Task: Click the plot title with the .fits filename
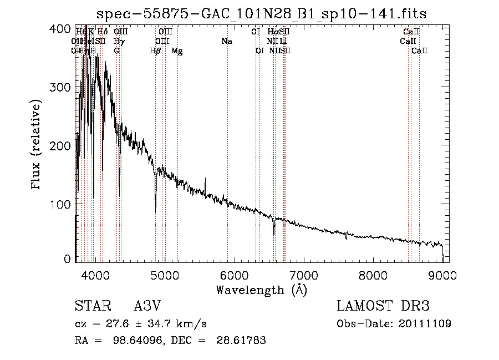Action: [261, 14]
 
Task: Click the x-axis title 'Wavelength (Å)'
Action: [261, 290]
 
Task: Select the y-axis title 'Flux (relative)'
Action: [37, 145]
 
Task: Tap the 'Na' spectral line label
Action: [226, 41]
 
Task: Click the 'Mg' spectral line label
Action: [177, 51]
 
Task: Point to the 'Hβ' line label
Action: [155, 51]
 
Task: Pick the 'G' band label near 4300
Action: [116, 51]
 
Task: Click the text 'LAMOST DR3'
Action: [383, 306]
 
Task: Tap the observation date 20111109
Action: [426, 324]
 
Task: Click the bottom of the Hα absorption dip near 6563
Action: [274, 234]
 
